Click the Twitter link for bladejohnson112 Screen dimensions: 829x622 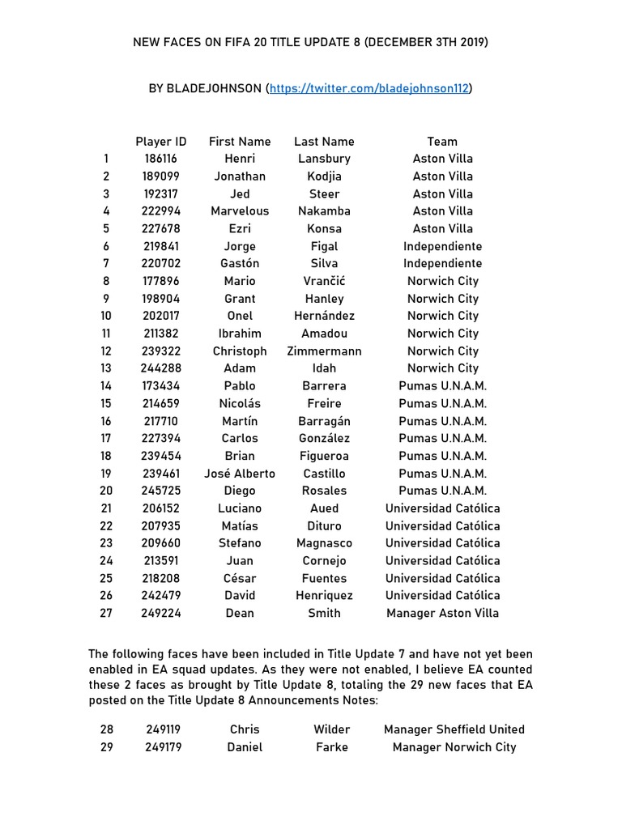click(370, 88)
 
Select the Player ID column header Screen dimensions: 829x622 click(161, 141)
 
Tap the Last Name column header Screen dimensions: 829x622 click(324, 141)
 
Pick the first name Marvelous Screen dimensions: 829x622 click(240, 211)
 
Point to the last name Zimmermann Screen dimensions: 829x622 click(324, 351)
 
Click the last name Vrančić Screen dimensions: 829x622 click(324, 281)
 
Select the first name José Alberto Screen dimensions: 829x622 click(240, 474)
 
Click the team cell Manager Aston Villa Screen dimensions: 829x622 click(442, 613)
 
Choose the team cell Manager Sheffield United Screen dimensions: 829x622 click(454, 729)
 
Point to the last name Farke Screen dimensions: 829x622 click(332, 747)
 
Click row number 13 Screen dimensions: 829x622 click(106, 368)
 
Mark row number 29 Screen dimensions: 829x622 click(107, 747)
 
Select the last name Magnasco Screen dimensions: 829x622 click(324, 543)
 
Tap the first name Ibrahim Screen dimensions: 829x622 click(240, 334)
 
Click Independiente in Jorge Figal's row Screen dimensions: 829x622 click(442, 246)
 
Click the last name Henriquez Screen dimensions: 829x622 click(324, 596)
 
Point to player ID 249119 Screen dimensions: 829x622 click(164, 729)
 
